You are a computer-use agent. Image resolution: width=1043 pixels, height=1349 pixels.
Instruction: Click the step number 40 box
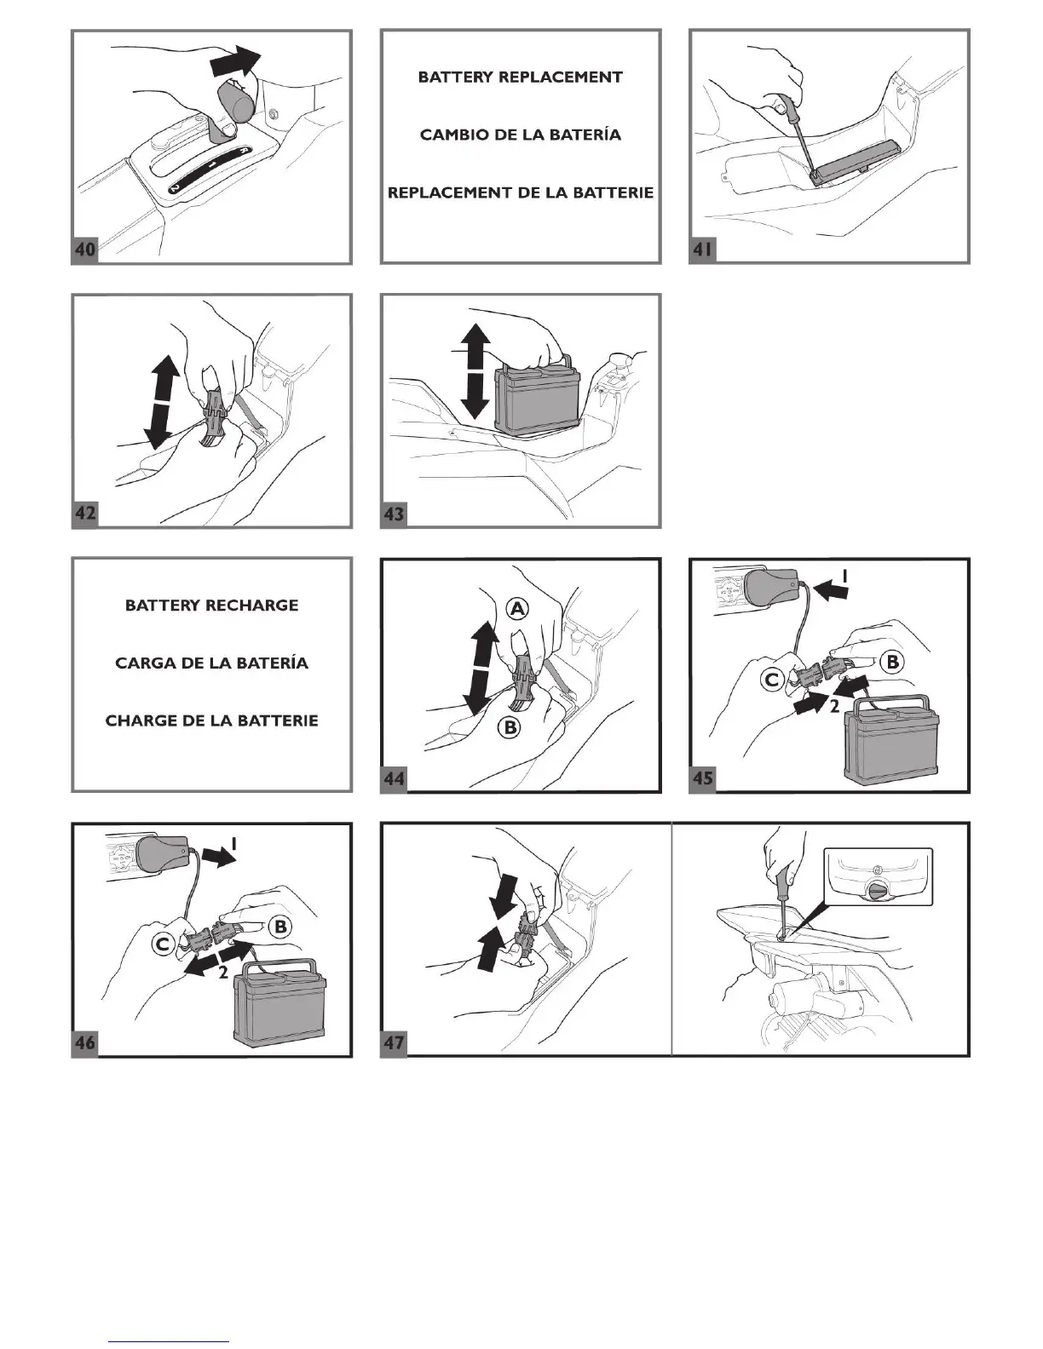[x=84, y=250]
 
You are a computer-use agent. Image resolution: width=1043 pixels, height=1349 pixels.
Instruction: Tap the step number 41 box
[x=702, y=250]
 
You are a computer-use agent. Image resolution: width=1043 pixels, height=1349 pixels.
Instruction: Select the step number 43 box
[x=394, y=514]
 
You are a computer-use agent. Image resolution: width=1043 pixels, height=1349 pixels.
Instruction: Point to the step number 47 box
[x=394, y=1042]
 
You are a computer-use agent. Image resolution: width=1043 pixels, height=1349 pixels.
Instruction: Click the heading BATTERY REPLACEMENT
[x=520, y=77]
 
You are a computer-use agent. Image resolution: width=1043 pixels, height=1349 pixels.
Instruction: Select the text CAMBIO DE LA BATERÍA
[x=520, y=135]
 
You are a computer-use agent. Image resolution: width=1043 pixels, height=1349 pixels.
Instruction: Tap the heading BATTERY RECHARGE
[x=211, y=606]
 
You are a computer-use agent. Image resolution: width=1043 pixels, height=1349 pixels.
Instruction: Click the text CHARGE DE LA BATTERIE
[x=211, y=720]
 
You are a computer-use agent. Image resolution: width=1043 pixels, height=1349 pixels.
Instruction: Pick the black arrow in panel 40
[x=235, y=61]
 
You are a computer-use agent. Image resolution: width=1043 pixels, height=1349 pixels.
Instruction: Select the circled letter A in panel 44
[x=517, y=608]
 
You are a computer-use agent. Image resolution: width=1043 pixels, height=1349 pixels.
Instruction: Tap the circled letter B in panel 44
[x=510, y=727]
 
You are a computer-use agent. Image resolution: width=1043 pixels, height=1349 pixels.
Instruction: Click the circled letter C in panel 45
[x=772, y=680]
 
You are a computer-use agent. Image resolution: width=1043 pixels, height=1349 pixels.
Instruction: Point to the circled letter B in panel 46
[x=280, y=927]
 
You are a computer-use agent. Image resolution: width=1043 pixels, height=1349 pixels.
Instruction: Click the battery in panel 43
[x=537, y=400]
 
